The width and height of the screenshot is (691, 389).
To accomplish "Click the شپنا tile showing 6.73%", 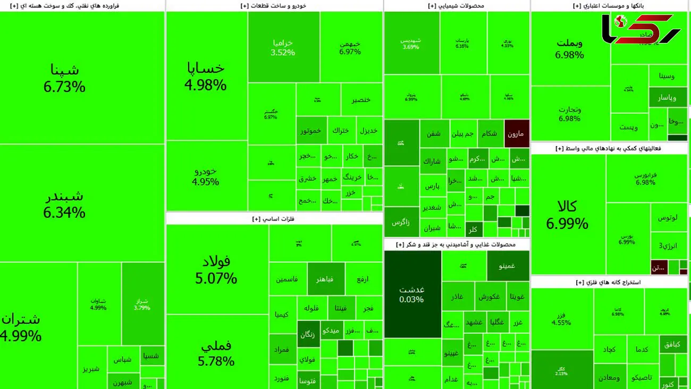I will point(64,78).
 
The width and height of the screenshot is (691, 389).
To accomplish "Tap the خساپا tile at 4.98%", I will point(206,76).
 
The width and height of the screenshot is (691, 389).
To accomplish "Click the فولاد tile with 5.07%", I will point(216,269).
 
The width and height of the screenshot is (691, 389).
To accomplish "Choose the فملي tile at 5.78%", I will point(216,353).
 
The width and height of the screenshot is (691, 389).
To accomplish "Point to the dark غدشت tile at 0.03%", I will point(412,294).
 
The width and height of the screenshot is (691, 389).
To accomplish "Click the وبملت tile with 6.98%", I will point(570,48).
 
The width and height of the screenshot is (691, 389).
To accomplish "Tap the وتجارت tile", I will point(569,114).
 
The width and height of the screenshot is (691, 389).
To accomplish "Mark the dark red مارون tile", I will point(516,133).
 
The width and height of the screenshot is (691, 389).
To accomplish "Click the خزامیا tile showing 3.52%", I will point(283,47).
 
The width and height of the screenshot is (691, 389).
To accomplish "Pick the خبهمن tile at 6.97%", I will point(350,47).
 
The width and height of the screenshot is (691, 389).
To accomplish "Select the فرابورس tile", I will point(645,178).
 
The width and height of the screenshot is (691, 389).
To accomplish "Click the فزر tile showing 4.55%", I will point(561,319).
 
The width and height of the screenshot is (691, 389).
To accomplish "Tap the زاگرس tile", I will point(401,222).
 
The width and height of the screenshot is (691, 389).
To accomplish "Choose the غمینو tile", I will point(508,266).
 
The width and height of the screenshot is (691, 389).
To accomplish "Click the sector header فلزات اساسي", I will point(274,218).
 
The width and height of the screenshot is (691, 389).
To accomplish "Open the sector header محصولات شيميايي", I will point(456,6).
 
